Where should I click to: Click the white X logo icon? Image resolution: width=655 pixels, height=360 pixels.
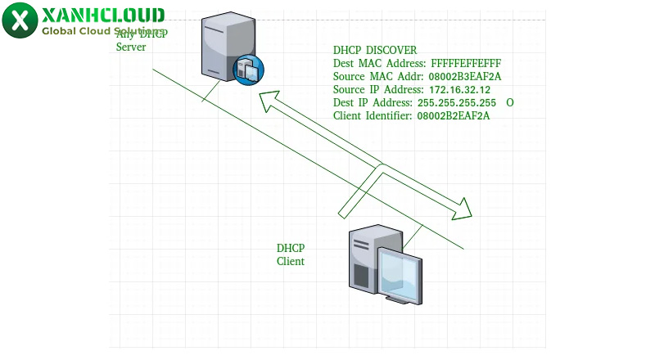point(19,20)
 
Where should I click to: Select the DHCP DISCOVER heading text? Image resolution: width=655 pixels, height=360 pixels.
point(375,51)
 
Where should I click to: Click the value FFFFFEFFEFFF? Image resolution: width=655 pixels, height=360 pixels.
point(464,63)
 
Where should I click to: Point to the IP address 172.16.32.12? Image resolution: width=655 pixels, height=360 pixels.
point(459,89)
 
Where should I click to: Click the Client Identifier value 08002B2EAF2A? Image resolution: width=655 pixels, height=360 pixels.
point(454,115)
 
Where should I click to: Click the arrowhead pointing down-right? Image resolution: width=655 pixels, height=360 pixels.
point(464,209)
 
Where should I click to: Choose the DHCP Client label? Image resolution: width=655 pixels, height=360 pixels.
point(291,254)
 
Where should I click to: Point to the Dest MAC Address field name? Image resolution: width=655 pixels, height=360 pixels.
point(380,63)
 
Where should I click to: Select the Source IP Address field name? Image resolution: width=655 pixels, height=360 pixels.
point(377,89)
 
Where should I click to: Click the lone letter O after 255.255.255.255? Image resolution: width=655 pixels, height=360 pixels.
point(509,102)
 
